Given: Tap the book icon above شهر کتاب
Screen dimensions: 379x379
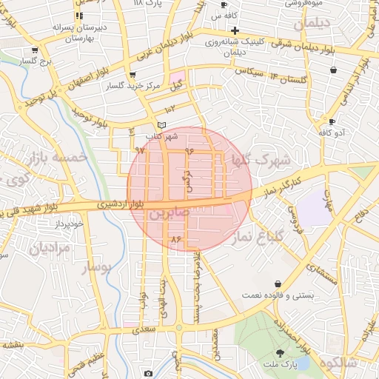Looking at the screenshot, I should coord(162,125).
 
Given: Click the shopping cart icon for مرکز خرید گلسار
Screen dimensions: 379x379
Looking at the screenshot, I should coord(133,75).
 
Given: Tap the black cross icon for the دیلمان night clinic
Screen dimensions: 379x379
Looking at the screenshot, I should coord(235,30).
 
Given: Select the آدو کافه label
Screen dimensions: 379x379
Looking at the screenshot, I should coord(332,133).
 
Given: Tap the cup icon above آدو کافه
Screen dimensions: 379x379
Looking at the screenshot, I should coord(332,121).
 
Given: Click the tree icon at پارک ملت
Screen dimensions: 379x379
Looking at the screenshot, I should coord(280,353).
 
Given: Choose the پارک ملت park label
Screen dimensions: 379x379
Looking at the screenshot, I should coord(281,366).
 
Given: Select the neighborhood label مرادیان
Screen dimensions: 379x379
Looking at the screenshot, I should coord(50,249).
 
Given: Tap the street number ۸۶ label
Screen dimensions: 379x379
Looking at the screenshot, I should coord(175,239).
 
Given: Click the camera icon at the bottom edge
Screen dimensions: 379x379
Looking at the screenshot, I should coord(148,373).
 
